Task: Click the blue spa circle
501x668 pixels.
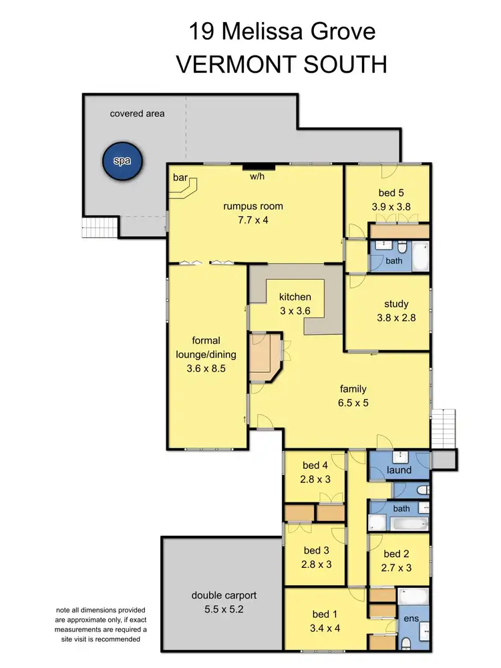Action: pos(122,160)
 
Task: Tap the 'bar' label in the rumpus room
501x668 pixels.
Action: pos(180,178)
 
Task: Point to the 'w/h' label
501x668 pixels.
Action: pos(257,177)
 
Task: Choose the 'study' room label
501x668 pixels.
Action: pos(396,304)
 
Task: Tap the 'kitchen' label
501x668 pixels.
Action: pos(295,297)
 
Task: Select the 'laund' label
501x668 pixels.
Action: pos(399,470)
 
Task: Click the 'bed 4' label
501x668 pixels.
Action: pos(314,466)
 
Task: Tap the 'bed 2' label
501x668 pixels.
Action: pos(397,554)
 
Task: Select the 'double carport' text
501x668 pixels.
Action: pos(224,595)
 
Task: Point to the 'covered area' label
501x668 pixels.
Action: pos(137,114)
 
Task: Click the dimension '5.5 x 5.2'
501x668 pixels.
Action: pos(224,609)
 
